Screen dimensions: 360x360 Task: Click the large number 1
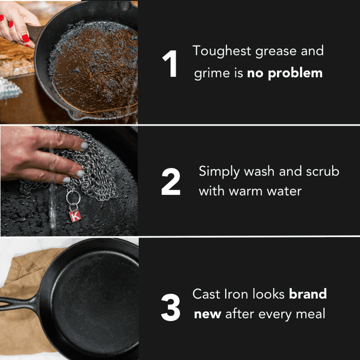(x=169, y=64)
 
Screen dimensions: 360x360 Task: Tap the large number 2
(x=170, y=182)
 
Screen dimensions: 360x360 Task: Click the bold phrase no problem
(x=284, y=73)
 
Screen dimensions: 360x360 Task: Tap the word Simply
(x=219, y=172)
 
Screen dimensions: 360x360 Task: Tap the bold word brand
(x=307, y=293)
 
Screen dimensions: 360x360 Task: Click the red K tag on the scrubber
(x=74, y=216)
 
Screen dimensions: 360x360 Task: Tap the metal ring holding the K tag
(x=73, y=197)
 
